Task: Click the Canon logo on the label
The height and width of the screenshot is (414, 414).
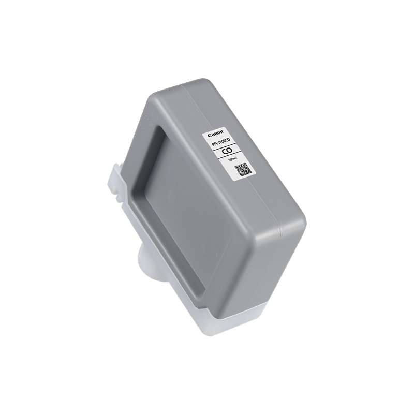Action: (x=215, y=134)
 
